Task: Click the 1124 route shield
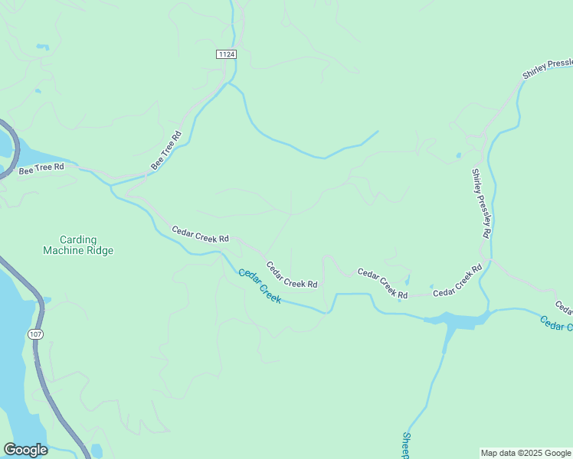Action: click(226, 54)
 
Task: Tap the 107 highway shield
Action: click(35, 334)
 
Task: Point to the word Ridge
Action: click(100, 250)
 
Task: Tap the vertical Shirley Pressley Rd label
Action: click(480, 203)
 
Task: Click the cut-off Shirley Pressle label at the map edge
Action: click(547, 69)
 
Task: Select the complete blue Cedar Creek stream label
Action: click(260, 285)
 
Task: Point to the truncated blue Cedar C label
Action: click(555, 324)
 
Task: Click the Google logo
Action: click(25, 449)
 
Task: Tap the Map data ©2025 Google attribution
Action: click(526, 453)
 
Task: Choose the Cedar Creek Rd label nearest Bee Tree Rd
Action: click(201, 233)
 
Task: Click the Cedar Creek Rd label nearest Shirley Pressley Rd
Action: click(457, 281)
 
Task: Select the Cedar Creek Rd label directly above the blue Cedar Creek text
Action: click(292, 275)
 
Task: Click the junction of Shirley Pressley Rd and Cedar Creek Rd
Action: click(488, 260)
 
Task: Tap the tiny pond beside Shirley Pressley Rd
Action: click(459, 155)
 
